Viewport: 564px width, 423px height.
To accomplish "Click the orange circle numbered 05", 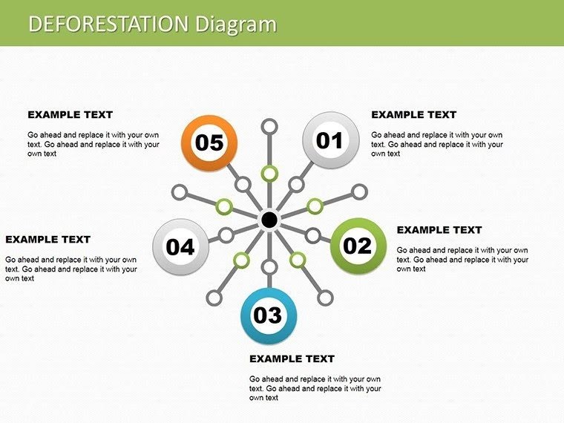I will click(x=209, y=142).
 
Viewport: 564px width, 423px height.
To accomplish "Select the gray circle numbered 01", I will click(x=331, y=140).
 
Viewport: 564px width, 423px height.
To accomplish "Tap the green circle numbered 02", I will click(x=358, y=245).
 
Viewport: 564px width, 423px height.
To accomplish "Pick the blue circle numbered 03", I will click(x=269, y=315).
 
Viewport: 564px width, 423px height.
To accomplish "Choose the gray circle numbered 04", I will click(x=180, y=246).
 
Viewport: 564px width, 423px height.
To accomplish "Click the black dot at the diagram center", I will click(x=269, y=220).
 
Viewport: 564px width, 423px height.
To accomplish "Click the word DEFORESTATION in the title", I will click(x=108, y=24).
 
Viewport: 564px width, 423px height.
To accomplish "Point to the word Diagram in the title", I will click(x=236, y=24).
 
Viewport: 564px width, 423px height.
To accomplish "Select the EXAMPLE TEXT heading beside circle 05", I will click(x=70, y=115).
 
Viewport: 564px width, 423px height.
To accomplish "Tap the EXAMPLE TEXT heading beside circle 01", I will click(x=413, y=115).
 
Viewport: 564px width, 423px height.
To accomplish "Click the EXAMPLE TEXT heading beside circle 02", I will click(x=439, y=230).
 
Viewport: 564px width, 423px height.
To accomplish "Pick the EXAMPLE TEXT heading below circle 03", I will click(x=292, y=359).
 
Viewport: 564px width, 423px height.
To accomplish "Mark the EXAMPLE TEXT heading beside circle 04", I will click(x=47, y=240).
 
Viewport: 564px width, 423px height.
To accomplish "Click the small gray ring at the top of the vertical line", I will click(x=270, y=125).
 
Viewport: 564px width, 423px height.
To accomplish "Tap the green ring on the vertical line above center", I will click(x=269, y=174).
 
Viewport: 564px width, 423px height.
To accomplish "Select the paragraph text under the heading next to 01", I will click(x=437, y=144).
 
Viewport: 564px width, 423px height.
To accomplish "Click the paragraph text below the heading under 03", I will click(x=315, y=388).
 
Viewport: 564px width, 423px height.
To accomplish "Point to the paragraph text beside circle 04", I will click(x=71, y=269).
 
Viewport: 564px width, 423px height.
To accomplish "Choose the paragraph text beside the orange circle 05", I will click(x=94, y=144).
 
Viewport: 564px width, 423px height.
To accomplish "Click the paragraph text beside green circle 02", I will click(x=463, y=259).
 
